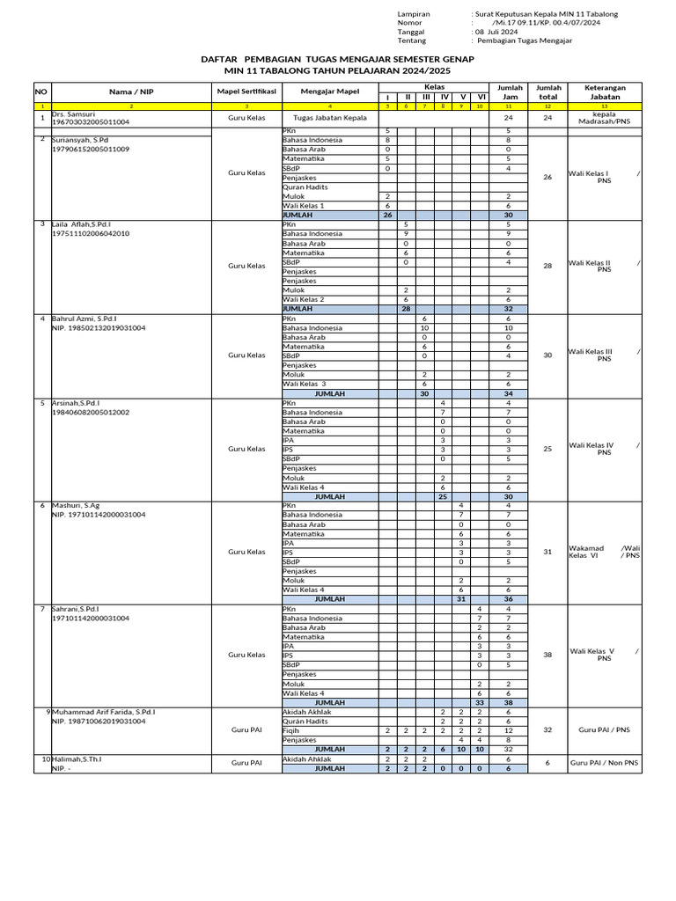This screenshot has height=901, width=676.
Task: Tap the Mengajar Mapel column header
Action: point(330,91)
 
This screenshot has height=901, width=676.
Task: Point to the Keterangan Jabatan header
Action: point(605,92)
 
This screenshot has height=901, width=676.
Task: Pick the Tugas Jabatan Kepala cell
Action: point(330,118)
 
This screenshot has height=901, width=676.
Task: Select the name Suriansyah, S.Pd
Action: point(80,140)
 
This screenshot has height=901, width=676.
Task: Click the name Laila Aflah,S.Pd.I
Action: point(82,224)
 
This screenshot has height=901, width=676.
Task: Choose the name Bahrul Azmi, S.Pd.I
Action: point(84,319)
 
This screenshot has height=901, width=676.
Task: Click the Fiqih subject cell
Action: point(291,730)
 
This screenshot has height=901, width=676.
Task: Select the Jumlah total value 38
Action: point(547,655)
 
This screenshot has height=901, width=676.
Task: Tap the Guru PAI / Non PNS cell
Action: point(604,763)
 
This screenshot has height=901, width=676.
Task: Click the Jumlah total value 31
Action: point(547,552)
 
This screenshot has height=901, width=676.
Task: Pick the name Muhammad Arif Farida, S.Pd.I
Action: point(104,712)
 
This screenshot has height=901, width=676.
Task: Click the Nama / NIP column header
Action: point(131,91)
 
